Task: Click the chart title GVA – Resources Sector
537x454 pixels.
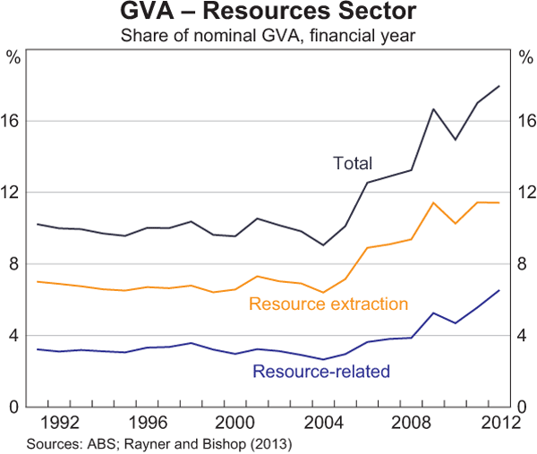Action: pos(268,14)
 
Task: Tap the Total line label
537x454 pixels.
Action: pos(353,163)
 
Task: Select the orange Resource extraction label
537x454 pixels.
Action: pos(328,304)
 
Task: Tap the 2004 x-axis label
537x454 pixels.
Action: pos(323,422)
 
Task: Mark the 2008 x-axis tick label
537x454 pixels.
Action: pos(411,422)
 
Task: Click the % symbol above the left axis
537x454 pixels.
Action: pos(13,58)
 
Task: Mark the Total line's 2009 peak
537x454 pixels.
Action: pos(433,109)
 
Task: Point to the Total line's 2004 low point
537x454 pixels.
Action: pos(323,244)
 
